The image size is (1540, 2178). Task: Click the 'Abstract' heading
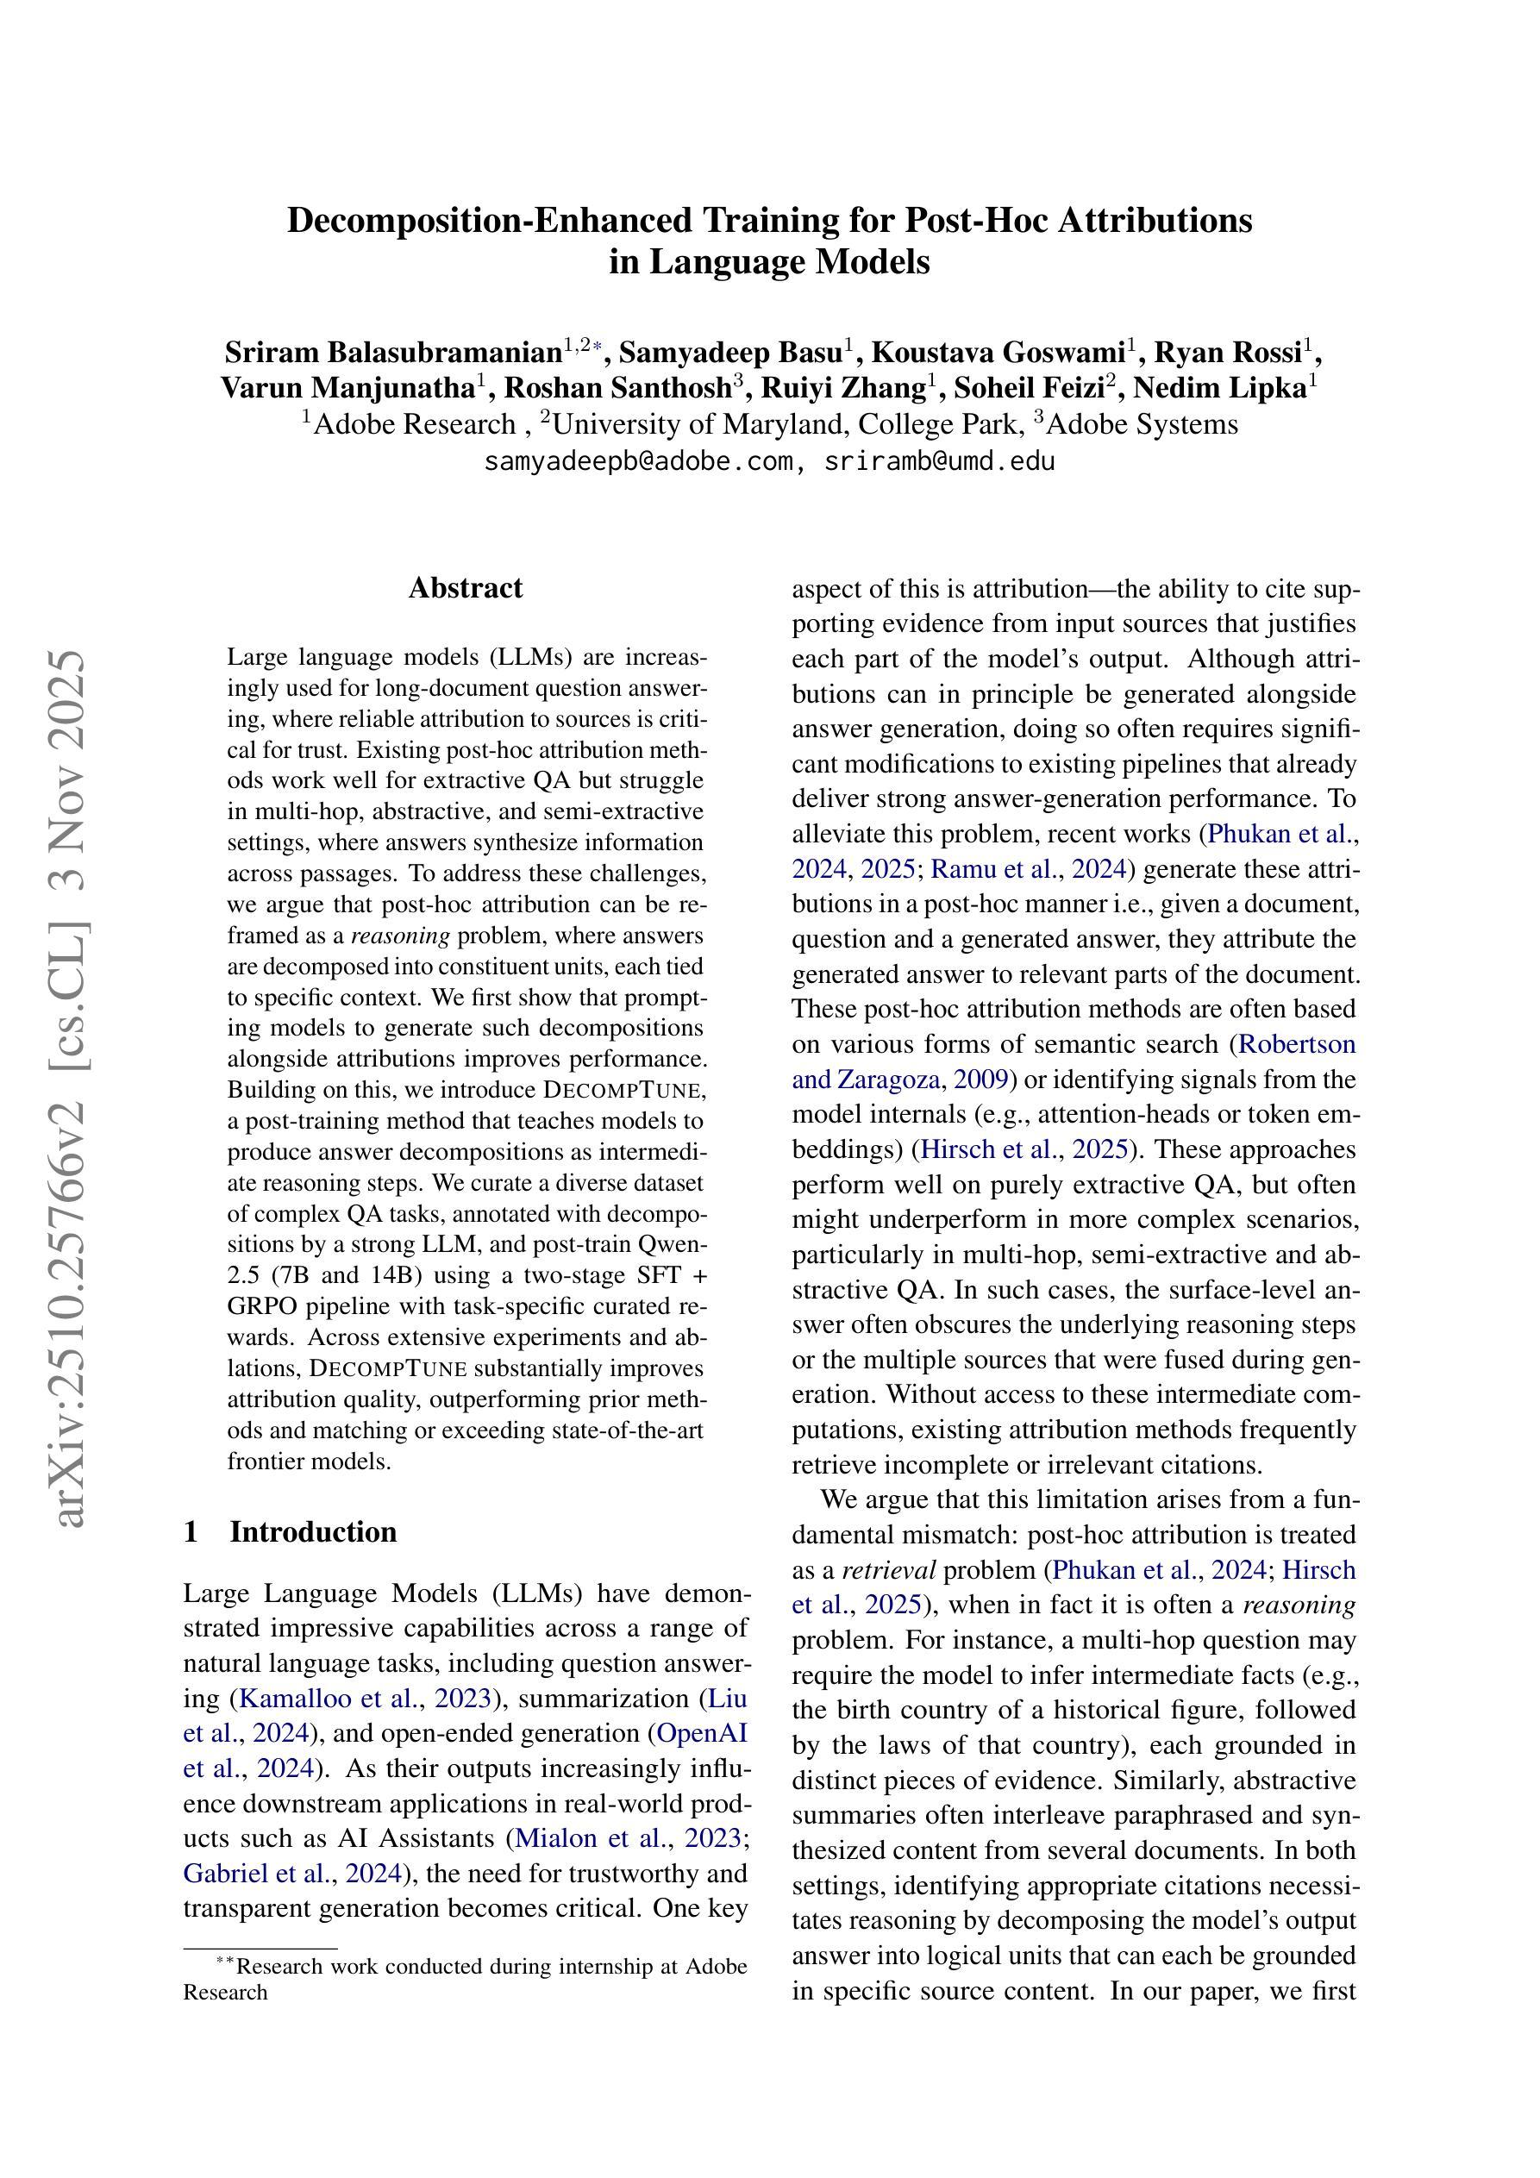point(465,588)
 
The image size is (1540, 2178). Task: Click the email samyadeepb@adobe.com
point(637,462)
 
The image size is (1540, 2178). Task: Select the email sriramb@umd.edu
point(939,462)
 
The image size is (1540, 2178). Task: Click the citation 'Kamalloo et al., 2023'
point(369,1698)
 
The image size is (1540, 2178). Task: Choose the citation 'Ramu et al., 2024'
point(1028,869)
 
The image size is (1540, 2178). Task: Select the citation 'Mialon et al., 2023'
point(627,1838)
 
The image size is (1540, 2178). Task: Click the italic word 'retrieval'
point(889,1570)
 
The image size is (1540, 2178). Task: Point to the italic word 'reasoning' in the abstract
point(399,936)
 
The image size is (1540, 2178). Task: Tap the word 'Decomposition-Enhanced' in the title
point(490,220)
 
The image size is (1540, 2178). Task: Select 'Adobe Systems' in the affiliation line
point(1142,424)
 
